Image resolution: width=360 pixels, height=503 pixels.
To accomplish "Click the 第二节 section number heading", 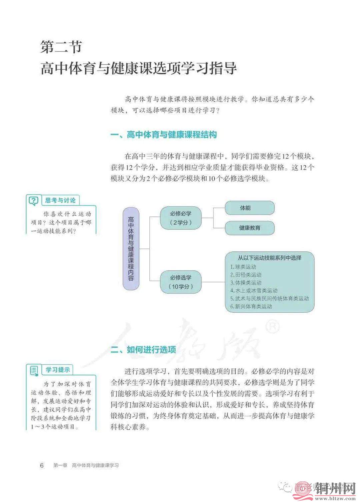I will point(61,47).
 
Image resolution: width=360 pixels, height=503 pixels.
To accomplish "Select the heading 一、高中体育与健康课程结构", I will point(164,135).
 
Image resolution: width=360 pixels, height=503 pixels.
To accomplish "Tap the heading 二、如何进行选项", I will point(143,350).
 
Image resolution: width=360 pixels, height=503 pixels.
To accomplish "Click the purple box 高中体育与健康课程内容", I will point(131,248).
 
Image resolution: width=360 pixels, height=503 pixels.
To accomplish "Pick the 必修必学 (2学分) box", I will point(181,218).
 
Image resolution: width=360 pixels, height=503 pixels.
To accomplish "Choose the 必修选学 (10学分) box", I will point(181,282).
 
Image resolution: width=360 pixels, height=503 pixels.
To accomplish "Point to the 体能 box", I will point(250,208).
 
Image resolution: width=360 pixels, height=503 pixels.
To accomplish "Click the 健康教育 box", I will point(250,228).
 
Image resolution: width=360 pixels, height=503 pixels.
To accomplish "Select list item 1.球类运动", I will point(243,267).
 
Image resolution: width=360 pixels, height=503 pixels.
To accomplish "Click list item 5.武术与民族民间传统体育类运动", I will point(269,298).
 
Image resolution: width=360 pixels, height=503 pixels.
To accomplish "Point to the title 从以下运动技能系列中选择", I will point(269,258).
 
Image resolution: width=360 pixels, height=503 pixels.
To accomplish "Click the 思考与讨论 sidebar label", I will point(60,200).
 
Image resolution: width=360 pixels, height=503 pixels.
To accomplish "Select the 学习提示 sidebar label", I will point(58,370).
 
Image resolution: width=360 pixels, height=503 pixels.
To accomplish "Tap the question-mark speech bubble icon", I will point(34,201).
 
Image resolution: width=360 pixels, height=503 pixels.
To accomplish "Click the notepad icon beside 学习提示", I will point(34,370).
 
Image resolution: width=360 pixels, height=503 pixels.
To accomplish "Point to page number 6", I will point(42,465).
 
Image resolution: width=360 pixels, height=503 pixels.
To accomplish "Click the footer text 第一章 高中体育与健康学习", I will point(86,465).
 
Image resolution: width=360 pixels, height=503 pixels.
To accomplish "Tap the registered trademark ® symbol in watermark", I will point(273,327).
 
